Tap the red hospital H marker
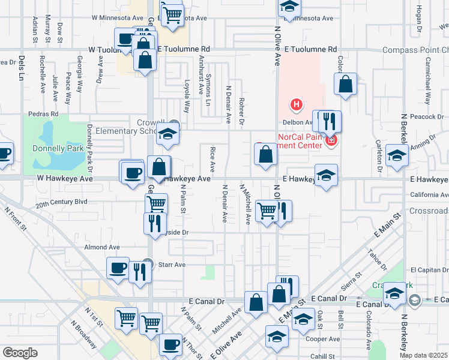(x=295, y=105)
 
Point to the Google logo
(x=19, y=352)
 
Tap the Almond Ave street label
(x=102, y=247)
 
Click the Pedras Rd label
(x=44, y=113)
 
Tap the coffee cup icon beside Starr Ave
(x=118, y=267)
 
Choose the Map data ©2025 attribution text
(x=423, y=355)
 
